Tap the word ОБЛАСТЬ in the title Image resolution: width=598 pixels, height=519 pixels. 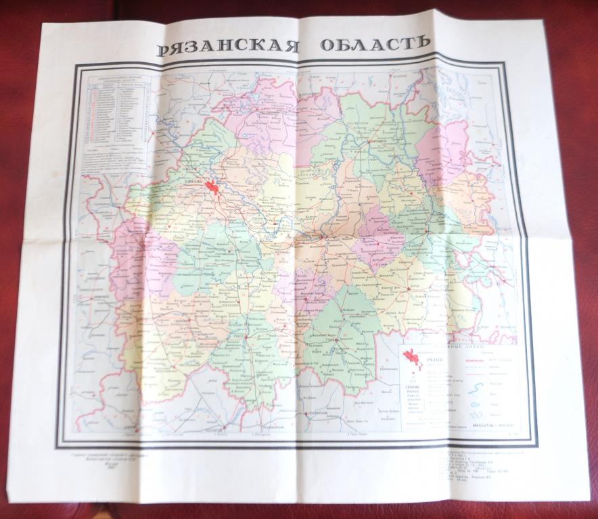tap(375, 43)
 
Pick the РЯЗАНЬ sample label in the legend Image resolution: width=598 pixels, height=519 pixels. tap(433, 360)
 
